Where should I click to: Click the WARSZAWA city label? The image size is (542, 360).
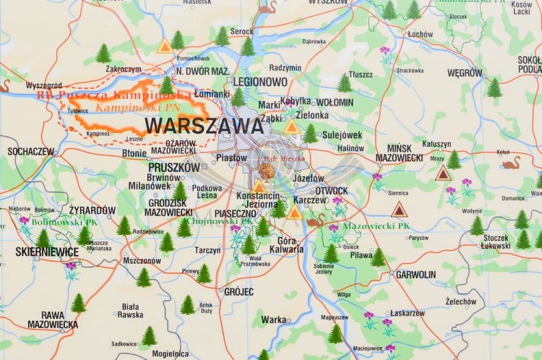(x=204, y=126)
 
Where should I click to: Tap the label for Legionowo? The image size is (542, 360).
(x=260, y=82)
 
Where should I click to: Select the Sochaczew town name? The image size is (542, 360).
(x=30, y=152)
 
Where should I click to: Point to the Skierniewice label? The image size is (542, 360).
(x=47, y=252)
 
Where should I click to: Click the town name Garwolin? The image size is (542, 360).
(x=416, y=275)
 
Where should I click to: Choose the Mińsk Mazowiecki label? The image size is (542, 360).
(x=400, y=153)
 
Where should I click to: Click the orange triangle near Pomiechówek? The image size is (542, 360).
(x=165, y=47)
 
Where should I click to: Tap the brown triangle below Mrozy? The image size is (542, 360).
(x=443, y=173)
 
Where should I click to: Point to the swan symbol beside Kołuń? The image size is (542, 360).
(x=511, y=163)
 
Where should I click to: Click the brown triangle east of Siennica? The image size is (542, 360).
(x=399, y=210)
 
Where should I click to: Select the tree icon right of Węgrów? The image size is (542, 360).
(x=494, y=88)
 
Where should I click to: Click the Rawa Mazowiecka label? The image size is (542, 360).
(x=52, y=320)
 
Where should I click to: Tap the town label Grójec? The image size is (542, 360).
(x=238, y=292)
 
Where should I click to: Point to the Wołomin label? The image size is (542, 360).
(x=335, y=103)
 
